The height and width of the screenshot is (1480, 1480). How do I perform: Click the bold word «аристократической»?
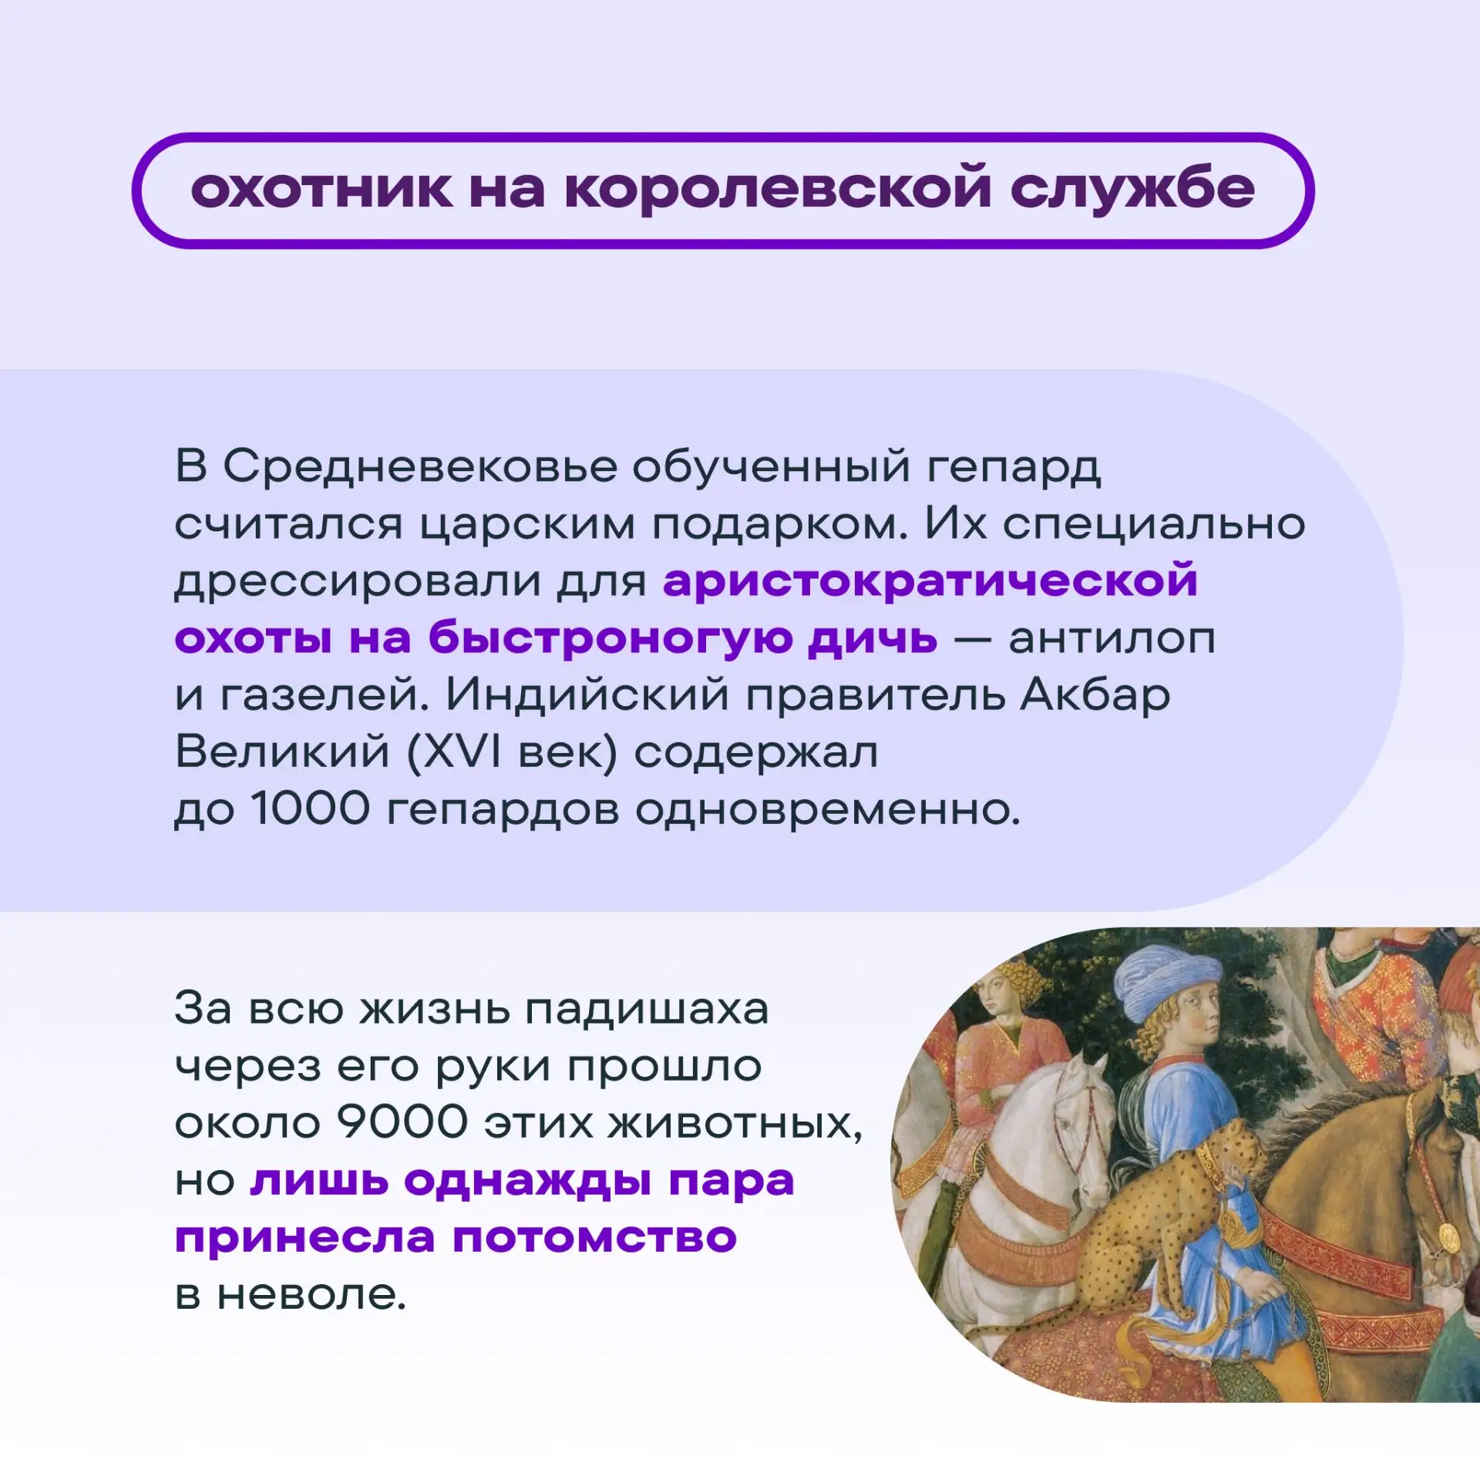click(930, 581)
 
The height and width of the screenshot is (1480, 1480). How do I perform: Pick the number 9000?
click(402, 1122)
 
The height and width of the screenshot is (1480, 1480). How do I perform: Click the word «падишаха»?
click(647, 1009)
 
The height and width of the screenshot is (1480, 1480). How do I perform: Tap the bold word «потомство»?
click(594, 1238)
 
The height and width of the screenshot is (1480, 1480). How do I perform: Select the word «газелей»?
click(325, 695)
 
